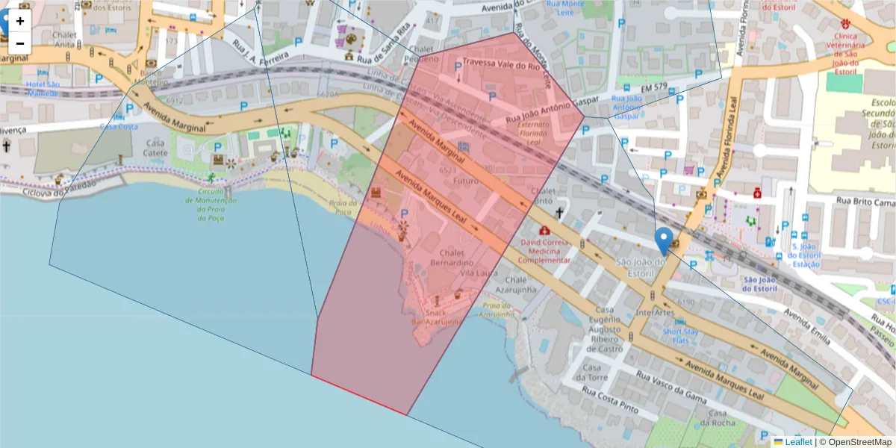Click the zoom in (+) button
[x=20, y=21]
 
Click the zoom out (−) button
[x=20, y=43]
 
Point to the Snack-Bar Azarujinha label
[x=435, y=317]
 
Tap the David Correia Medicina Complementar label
[x=544, y=252]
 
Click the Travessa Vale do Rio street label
[x=500, y=64]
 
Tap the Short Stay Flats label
[x=681, y=336]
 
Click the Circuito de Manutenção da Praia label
[x=211, y=205]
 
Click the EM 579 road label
[x=654, y=87]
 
